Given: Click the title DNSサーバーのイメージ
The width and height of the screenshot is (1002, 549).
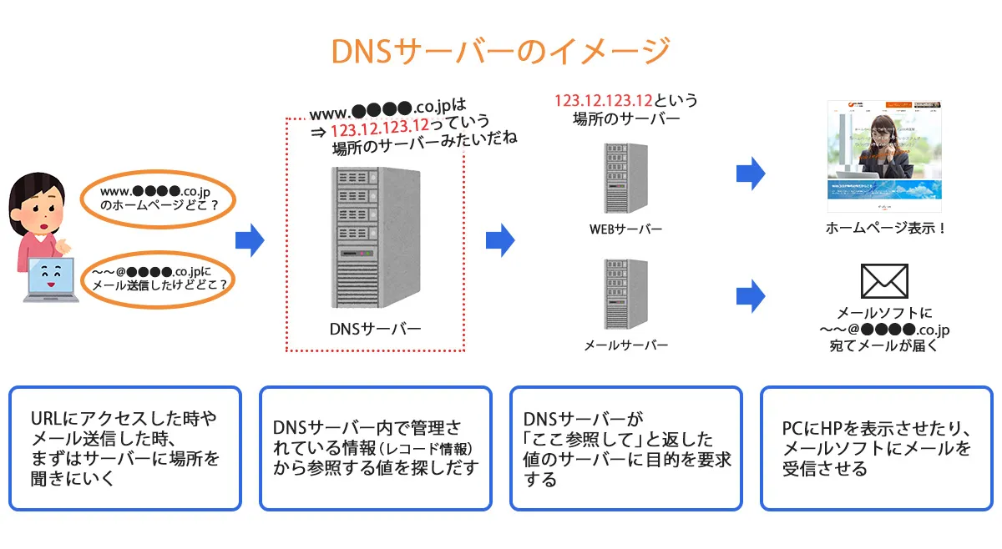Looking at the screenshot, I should pos(500,51).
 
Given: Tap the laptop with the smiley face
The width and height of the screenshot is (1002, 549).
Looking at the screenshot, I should pos(52,280).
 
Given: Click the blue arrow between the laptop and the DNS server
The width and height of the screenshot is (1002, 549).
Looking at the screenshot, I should pos(249,240).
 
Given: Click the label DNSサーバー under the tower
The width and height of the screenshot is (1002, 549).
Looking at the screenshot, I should pos(376,328).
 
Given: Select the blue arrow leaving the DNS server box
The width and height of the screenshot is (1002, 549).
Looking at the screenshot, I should pos(500,240).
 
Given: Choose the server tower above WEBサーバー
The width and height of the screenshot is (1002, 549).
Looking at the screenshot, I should pos(625,179).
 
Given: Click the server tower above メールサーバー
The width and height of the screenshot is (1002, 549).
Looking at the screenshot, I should pos(625,294).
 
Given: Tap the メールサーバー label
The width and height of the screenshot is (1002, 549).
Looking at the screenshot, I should pos(625,345).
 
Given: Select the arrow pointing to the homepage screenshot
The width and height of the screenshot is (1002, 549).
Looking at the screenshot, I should pos(751,174).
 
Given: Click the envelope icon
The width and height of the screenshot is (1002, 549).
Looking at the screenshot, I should pos(884,281).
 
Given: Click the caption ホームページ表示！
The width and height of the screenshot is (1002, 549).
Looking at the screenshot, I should pos(885,228).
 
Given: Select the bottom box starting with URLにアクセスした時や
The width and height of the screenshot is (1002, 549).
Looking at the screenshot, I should pos(125,448).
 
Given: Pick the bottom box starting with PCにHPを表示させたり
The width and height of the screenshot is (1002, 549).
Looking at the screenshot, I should pos(876,448).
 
